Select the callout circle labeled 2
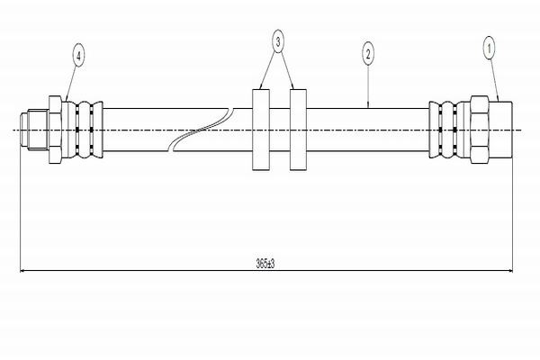pyautogui.click(x=368, y=53)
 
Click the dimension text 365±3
pyautogui.click(x=265, y=263)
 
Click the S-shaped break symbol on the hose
pyautogui.click(x=203, y=130)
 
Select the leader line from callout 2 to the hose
pyautogui.click(x=368, y=85)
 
